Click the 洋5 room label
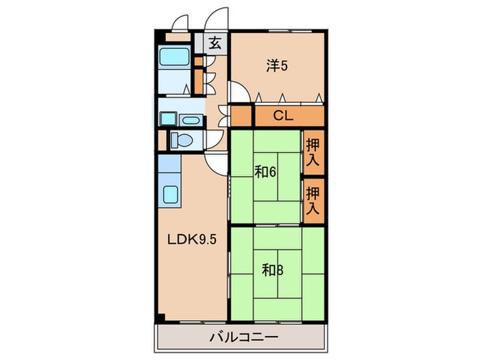coord(276,67)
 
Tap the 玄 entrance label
coord(215,43)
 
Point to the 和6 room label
coord(265,172)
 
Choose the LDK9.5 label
coord(190,241)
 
